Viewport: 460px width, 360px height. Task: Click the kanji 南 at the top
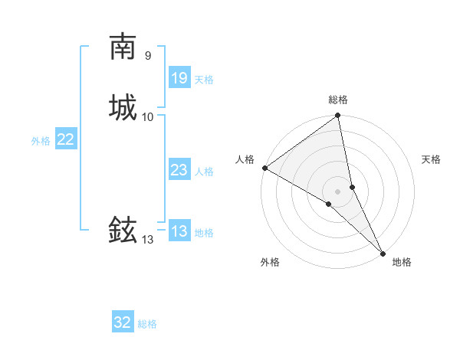[x=123, y=47]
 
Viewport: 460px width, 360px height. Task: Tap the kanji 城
[x=123, y=106]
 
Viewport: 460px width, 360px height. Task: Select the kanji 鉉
[x=123, y=229]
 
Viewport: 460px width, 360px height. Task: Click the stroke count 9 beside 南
[x=147, y=56]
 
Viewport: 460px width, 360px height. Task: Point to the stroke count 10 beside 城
[x=148, y=116]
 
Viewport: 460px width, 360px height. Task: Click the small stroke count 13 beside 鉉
[x=147, y=240]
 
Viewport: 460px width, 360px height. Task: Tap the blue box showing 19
[x=179, y=77]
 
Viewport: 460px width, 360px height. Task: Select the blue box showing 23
[x=179, y=170]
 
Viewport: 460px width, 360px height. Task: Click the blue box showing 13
[x=179, y=231]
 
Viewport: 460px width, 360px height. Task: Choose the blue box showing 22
[x=65, y=139]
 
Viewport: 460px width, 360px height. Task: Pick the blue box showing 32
[x=123, y=322]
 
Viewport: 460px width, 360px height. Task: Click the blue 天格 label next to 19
[x=204, y=79]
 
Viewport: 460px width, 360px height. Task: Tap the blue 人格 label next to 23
[x=204, y=172]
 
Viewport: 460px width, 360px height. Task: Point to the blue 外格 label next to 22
[x=41, y=141]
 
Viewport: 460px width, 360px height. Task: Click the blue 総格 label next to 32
[x=147, y=324]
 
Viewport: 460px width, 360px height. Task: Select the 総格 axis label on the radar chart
[x=338, y=100]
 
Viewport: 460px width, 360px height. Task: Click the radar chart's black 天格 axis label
[x=431, y=159]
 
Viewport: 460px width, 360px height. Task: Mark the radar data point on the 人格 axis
[x=264, y=168]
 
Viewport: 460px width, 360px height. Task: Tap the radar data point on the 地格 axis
[x=383, y=252]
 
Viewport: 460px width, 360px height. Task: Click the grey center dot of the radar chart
[x=338, y=191]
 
